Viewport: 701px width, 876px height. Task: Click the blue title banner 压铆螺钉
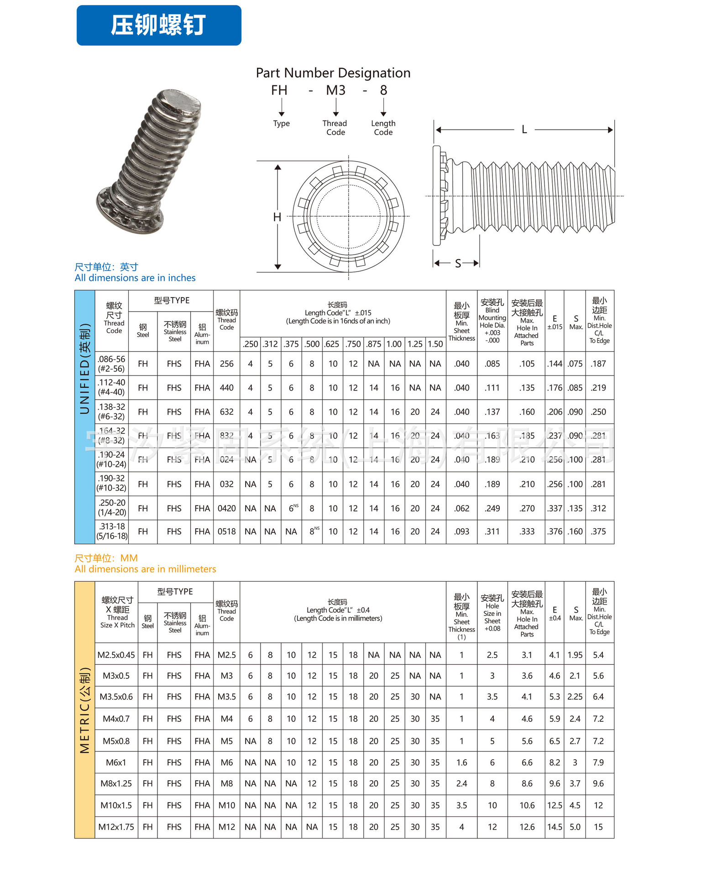tap(158, 25)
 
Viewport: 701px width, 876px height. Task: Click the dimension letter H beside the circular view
tap(277, 217)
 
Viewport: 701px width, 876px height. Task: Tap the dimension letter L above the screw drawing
tap(524, 130)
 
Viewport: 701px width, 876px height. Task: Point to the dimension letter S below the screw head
tap(458, 263)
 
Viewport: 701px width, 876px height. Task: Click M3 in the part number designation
tap(335, 90)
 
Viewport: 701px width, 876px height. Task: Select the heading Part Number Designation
tap(333, 73)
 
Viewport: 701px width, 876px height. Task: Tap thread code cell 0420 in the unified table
tap(226, 508)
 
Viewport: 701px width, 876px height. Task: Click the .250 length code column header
tap(250, 344)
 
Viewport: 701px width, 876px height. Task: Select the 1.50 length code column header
tap(435, 344)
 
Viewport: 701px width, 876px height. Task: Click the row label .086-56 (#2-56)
tap(111, 364)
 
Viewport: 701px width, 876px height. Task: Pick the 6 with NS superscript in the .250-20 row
tap(292, 508)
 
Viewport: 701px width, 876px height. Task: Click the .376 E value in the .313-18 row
tap(555, 532)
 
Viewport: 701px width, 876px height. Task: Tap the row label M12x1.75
tap(116, 827)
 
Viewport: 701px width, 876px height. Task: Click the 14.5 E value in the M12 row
tap(555, 827)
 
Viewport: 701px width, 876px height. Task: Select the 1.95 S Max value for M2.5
tap(575, 655)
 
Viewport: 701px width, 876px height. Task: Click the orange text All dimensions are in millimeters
tap(145, 569)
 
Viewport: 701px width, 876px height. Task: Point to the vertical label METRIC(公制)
tap(85, 709)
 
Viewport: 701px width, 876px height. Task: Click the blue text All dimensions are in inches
tap(135, 278)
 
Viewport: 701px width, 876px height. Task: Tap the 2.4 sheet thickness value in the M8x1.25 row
tap(461, 783)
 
